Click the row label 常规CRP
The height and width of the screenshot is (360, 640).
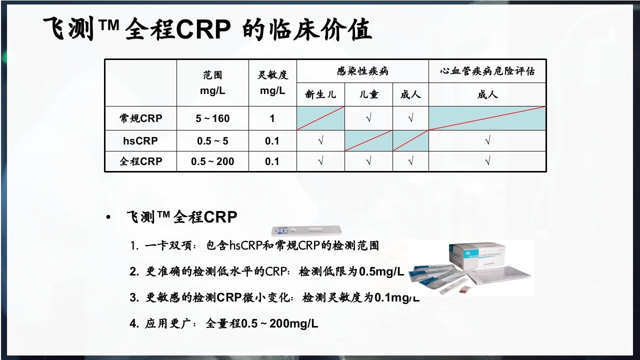click(x=140, y=118)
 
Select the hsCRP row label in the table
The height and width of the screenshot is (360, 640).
click(x=140, y=141)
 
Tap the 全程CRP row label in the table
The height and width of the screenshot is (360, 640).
click(x=140, y=161)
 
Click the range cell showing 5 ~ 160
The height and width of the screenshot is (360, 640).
click(x=212, y=118)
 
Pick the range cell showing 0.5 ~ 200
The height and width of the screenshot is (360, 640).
click(x=212, y=161)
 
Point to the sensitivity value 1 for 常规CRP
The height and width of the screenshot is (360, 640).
click(x=272, y=118)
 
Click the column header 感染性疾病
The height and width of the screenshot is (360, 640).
click(x=362, y=71)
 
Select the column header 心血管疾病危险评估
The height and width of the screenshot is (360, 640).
click(x=487, y=71)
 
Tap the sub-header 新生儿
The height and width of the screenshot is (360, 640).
click(x=320, y=94)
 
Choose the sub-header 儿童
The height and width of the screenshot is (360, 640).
click(x=368, y=94)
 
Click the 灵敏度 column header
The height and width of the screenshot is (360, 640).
click(x=272, y=75)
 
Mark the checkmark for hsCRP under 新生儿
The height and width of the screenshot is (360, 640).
click(x=320, y=141)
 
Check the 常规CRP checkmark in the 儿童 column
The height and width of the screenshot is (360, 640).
click(x=368, y=118)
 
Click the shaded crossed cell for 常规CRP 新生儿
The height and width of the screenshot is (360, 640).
click(x=320, y=118)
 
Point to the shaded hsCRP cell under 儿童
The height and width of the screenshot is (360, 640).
click(x=368, y=141)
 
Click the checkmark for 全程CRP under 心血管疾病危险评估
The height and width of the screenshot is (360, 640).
click(x=487, y=161)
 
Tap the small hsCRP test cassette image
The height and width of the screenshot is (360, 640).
click(x=306, y=230)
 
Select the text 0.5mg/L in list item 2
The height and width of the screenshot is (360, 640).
click(x=381, y=271)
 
